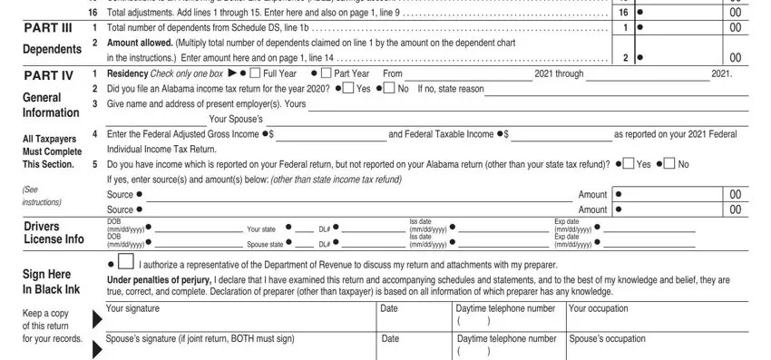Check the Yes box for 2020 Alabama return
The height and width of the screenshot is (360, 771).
349,89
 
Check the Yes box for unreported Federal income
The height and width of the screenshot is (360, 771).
629,164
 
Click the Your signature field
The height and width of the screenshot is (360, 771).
236,319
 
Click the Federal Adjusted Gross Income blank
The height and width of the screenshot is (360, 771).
330,135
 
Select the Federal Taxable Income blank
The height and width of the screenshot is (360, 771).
561,135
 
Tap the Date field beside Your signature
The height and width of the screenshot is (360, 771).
413,319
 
